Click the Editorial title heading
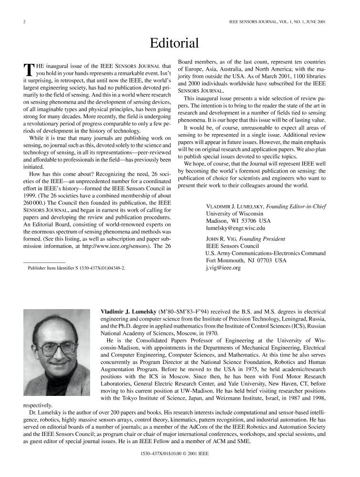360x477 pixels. (174, 44)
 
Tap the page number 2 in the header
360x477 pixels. (24, 22)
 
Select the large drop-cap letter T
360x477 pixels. (28, 70)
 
